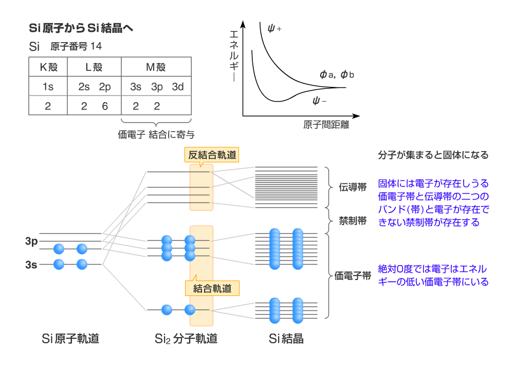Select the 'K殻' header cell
coord(48,67)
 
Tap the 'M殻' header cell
coord(156,67)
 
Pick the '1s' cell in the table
coord(48,87)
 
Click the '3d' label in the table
coord(178,87)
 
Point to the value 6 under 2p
coord(105,106)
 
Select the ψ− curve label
coord(320,100)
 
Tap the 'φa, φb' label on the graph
coord(337,75)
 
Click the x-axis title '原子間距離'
coord(323,125)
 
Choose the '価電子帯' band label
coord(353,276)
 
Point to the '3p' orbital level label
coord(31,241)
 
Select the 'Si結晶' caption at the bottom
coord(286,339)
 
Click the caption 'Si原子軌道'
coord(70,339)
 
